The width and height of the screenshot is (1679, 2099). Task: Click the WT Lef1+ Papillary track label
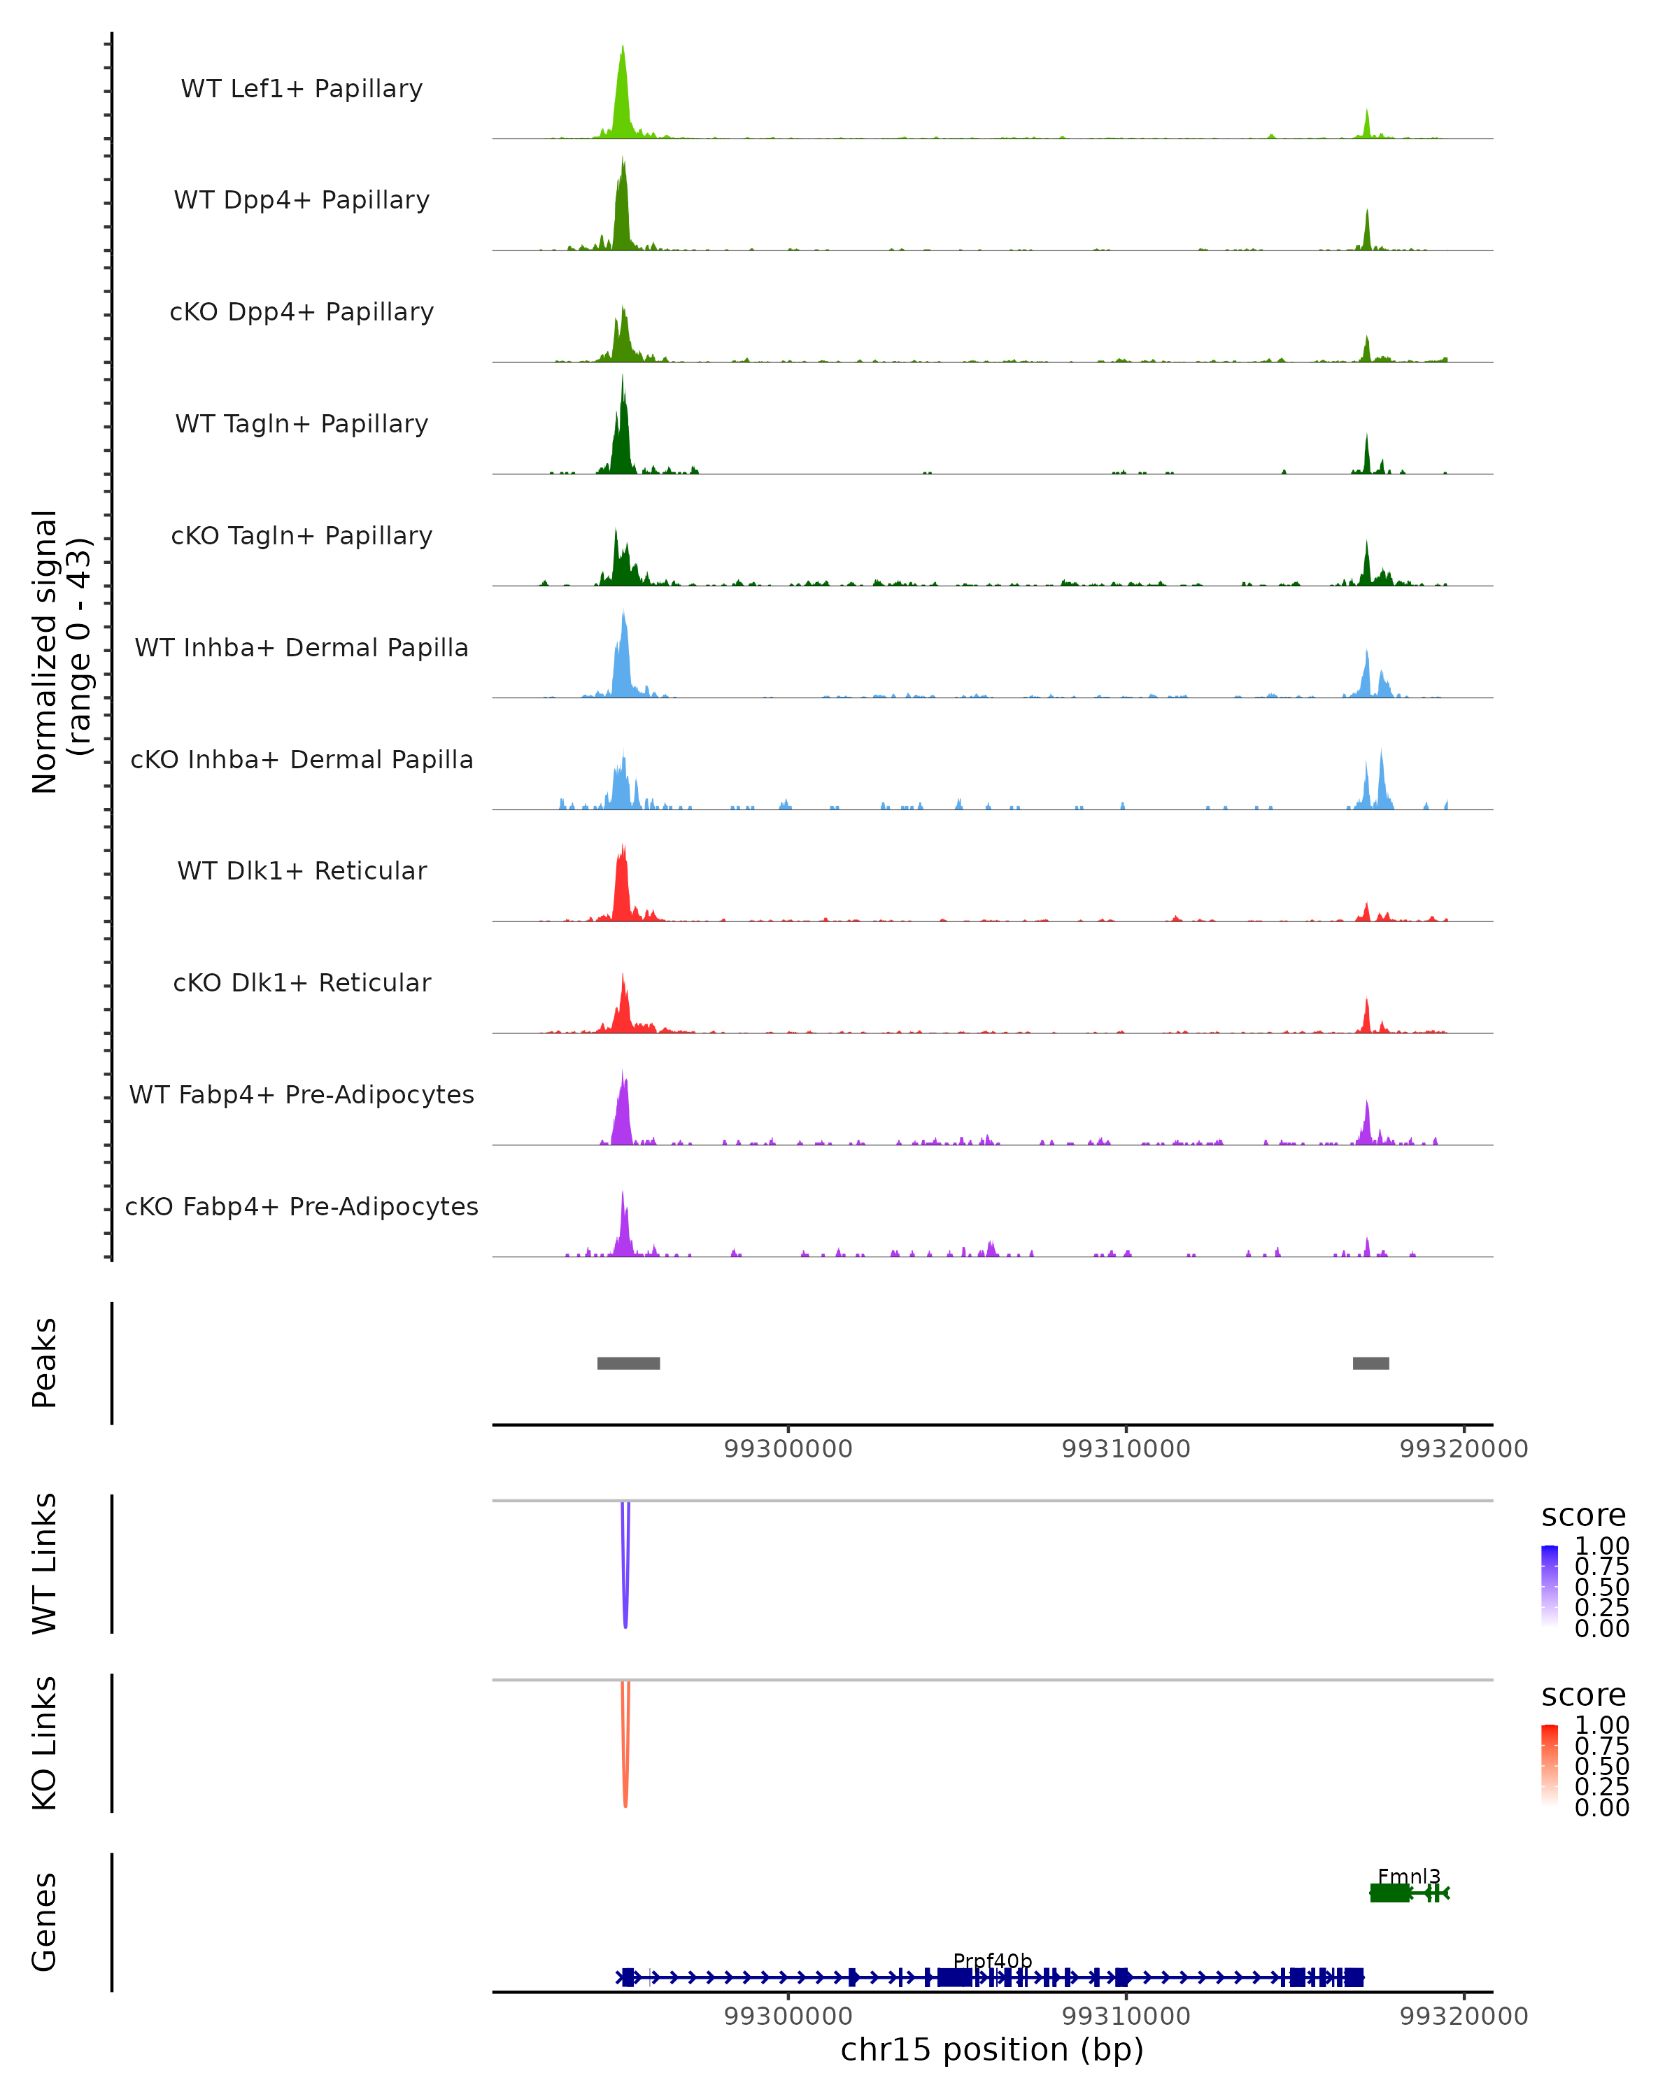click(302, 89)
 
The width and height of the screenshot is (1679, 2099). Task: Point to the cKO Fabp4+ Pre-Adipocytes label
click(302, 1206)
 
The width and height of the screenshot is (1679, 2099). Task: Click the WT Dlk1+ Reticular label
click(302, 870)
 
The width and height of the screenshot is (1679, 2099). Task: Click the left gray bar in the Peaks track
click(629, 1363)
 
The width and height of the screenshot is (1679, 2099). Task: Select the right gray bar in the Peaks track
click(1370, 1363)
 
